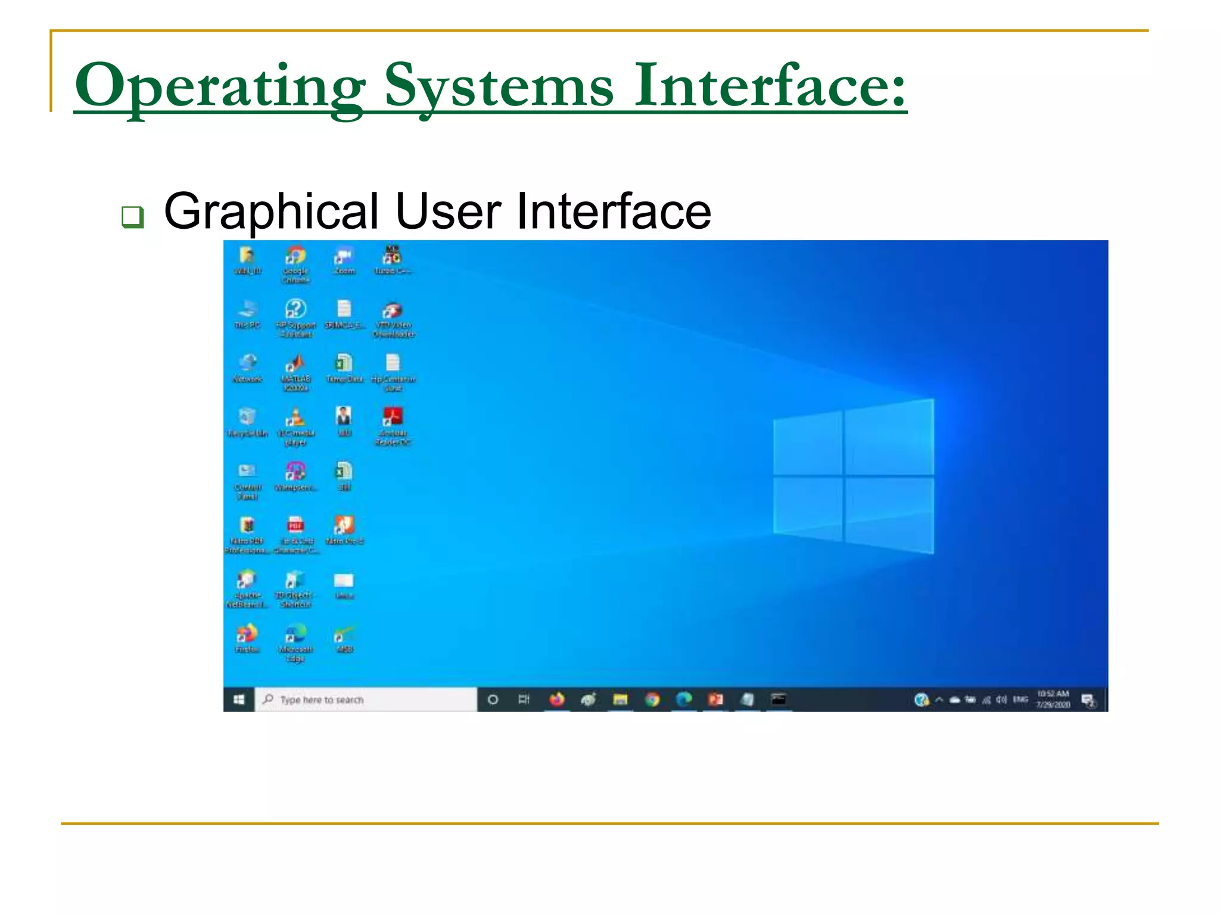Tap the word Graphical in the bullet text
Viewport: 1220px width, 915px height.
point(271,211)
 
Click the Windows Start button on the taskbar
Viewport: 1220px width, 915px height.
point(239,699)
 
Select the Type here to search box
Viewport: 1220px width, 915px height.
point(366,699)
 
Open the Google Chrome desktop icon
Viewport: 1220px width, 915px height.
point(295,256)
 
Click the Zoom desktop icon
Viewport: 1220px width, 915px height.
point(344,256)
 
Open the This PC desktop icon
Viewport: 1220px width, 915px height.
point(247,309)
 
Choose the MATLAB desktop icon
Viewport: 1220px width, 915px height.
point(295,363)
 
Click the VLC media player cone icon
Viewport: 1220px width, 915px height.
point(295,417)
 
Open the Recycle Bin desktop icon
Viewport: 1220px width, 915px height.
point(247,417)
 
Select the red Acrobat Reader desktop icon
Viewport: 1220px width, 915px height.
point(393,416)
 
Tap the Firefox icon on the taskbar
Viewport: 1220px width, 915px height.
point(557,699)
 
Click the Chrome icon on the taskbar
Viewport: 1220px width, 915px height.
point(652,699)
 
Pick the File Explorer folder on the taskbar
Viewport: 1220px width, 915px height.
point(620,699)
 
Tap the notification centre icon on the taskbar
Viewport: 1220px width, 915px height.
point(1088,700)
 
